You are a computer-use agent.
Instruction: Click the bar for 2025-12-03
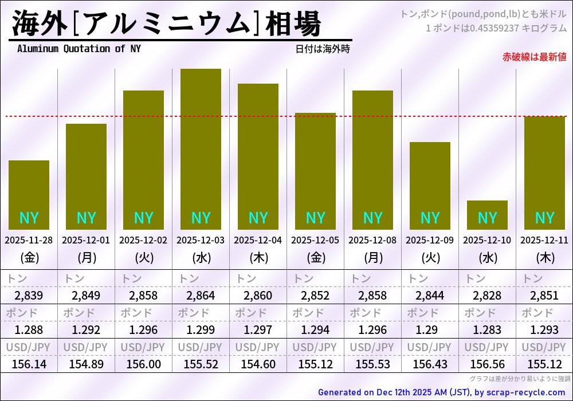[x=201, y=149]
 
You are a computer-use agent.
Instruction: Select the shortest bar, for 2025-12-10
[x=487, y=215]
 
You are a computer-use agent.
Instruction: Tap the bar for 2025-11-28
[x=29, y=195]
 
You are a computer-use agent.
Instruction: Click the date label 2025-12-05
[x=315, y=241]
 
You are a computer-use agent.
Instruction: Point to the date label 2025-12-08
[x=372, y=241]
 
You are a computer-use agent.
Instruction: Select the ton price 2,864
[x=201, y=296]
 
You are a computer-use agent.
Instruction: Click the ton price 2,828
[x=487, y=296]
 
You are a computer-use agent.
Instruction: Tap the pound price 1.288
[x=29, y=330]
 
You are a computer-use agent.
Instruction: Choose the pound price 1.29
[x=430, y=330]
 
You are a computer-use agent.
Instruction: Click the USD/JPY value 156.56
[x=487, y=364]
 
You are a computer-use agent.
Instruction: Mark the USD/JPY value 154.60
[x=258, y=364]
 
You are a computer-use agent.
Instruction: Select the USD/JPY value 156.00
[x=143, y=364]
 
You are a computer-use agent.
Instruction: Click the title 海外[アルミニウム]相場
[x=166, y=24]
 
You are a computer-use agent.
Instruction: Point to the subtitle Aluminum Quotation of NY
[x=79, y=49]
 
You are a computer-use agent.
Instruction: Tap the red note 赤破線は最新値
[x=534, y=57]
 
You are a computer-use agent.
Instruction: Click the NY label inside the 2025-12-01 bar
[x=86, y=218]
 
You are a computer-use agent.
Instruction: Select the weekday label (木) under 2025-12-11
[x=544, y=258]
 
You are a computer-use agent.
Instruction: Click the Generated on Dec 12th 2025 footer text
[x=441, y=392]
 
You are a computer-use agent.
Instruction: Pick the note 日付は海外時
[x=323, y=49]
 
